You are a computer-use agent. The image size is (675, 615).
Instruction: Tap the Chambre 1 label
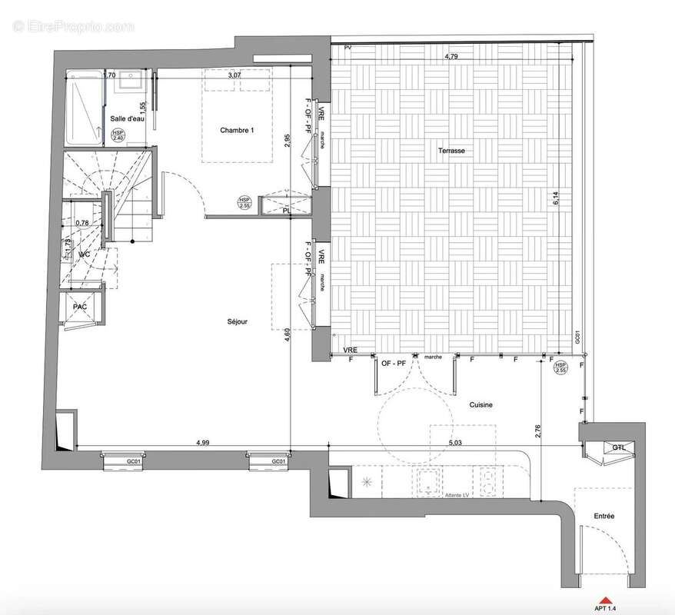tap(237, 131)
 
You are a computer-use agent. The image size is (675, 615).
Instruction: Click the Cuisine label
tap(480, 404)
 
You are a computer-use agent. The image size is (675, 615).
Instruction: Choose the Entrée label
tap(604, 517)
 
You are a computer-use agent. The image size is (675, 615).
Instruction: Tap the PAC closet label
tap(79, 307)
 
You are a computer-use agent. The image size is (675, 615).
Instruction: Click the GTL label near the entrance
tap(619, 447)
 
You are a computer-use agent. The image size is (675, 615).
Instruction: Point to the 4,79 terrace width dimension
tap(454, 57)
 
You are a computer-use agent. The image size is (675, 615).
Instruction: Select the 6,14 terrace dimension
tap(556, 198)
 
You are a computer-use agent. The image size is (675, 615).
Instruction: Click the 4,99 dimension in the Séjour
tap(203, 443)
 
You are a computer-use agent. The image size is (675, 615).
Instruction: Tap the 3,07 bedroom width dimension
tap(234, 75)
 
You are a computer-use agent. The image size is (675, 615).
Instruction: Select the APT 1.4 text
tap(606, 610)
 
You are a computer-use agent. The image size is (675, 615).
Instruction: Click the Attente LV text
tap(457, 495)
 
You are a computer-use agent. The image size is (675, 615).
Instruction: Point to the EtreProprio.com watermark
tap(74, 26)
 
